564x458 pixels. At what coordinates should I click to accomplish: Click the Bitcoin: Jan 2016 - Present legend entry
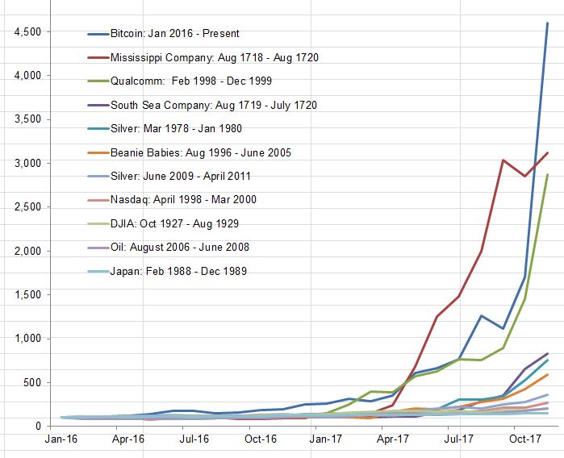(x=174, y=34)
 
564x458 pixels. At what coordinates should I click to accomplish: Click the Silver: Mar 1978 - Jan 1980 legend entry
(x=176, y=128)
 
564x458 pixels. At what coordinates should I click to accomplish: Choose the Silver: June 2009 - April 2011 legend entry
(x=182, y=176)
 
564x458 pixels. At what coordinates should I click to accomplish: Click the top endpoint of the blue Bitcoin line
(x=547, y=23)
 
